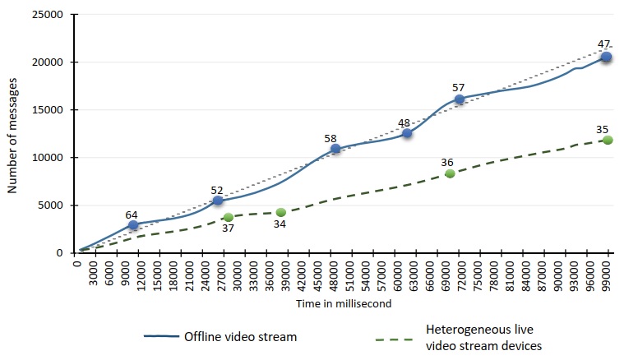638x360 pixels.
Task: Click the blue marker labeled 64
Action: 133,224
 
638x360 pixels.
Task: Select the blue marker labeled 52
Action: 218,201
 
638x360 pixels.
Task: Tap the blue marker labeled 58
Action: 335,149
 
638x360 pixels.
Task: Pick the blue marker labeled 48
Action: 406,132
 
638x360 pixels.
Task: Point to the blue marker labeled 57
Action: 460,99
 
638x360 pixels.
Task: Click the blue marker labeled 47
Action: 606,57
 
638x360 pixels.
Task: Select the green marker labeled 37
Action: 228,217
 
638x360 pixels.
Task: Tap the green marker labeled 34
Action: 281,212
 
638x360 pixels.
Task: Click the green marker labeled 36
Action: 450,173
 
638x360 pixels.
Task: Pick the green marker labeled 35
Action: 608,140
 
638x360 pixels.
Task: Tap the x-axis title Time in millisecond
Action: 343,303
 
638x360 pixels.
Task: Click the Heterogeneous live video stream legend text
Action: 483,337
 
